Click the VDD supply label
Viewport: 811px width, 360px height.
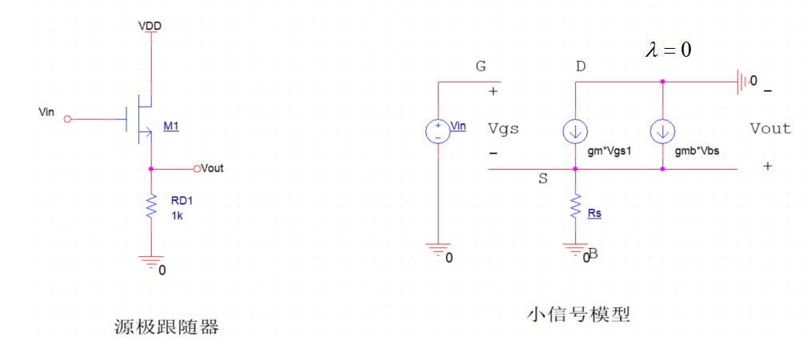click(150, 26)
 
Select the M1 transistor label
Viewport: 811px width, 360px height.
click(171, 126)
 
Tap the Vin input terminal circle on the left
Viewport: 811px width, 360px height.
click(67, 119)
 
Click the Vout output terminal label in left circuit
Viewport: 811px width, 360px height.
click(213, 169)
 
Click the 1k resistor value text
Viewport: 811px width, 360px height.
click(178, 216)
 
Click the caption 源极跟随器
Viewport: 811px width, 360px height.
click(166, 326)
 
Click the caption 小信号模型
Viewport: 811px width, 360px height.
click(578, 314)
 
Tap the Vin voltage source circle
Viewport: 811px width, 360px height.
click(438, 131)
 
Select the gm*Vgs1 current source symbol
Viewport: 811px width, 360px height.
click(575, 130)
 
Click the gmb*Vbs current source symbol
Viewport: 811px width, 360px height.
click(663, 130)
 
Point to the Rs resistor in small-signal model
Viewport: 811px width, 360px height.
click(575, 210)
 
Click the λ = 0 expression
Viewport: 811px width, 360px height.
click(668, 50)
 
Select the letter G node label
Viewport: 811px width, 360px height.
click(481, 66)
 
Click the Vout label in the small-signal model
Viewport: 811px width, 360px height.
click(769, 128)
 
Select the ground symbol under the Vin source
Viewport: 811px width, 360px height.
click(438, 251)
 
